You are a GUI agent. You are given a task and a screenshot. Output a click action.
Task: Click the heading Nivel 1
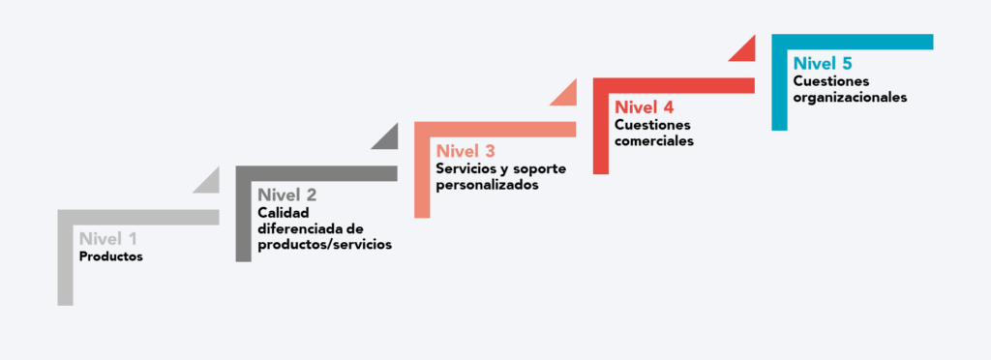pyautogui.click(x=108, y=238)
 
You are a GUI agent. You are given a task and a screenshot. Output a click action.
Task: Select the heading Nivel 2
pyautogui.click(x=287, y=195)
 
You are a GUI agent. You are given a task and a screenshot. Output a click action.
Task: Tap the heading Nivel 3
pyautogui.click(x=465, y=151)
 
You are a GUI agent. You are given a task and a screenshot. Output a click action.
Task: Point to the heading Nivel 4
pyautogui.click(x=644, y=106)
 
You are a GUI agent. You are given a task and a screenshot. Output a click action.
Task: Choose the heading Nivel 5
pyautogui.click(x=823, y=64)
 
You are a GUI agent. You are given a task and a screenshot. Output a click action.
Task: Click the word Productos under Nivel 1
pyautogui.click(x=111, y=257)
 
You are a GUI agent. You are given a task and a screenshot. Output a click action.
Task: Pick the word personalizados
pyautogui.click(x=487, y=185)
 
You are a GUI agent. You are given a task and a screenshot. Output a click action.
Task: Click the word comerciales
pyautogui.click(x=654, y=140)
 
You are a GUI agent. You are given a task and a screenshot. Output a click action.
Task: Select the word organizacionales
pyautogui.click(x=851, y=97)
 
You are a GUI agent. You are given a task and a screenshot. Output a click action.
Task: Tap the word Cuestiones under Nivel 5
pyautogui.click(x=831, y=81)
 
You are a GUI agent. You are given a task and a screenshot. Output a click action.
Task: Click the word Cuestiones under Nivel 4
pyautogui.click(x=653, y=125)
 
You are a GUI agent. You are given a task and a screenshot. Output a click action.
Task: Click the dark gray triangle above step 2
pyautogui.click(x=388, y=139)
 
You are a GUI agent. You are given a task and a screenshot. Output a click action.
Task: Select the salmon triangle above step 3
pyautogui.click(x=566, y=96)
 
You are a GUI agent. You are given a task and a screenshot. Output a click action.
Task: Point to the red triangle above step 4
pyautogui.click(x=744, y=51)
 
